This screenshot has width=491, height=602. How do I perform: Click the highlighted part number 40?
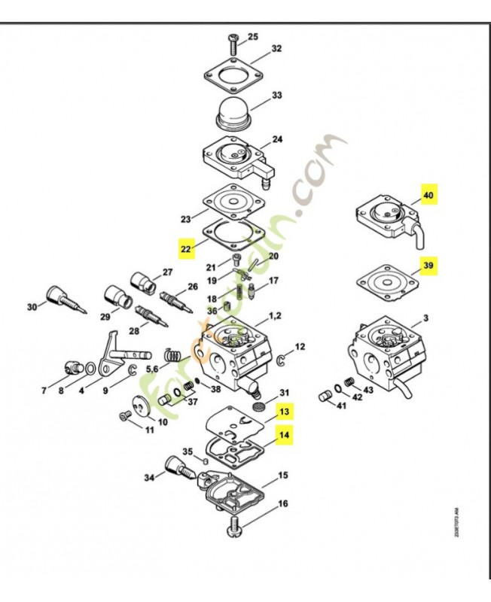(428, 195)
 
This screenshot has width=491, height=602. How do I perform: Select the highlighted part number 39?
(428, 266)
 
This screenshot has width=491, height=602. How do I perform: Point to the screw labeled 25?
(232, 40)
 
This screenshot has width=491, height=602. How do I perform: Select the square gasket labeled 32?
(233, 71)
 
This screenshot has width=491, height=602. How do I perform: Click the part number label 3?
(426, 319)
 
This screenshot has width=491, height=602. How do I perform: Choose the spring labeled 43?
(349, 384)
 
